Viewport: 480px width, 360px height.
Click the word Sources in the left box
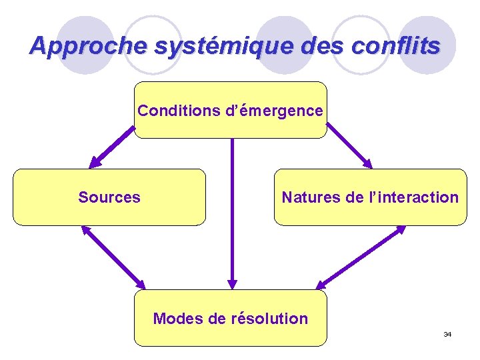coord(109,197)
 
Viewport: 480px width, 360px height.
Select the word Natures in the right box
coord(310,197)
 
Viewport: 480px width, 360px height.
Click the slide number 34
coord(447,333)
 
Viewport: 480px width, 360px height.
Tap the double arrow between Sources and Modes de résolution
coord(113,257)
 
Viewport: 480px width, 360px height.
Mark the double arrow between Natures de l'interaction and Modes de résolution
coord(360,257)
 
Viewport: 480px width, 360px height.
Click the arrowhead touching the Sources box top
coord(95,162)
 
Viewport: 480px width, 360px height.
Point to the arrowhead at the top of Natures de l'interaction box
coord(368,163)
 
